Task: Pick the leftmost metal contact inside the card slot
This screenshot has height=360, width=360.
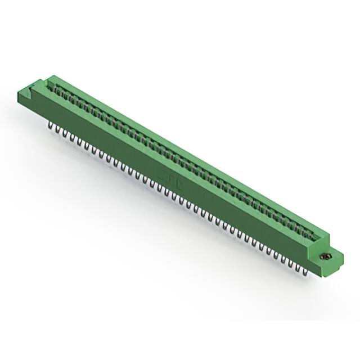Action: [56, 88]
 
